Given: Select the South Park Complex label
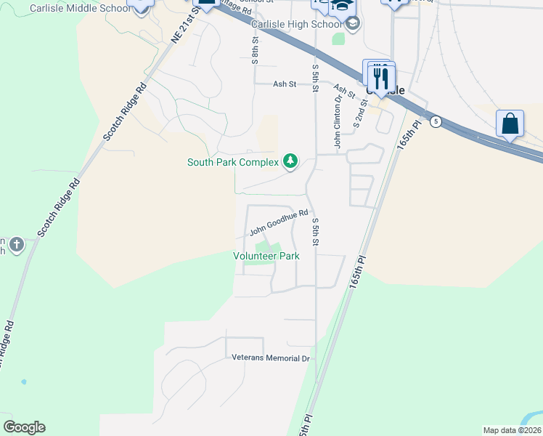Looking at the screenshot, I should point(232,162).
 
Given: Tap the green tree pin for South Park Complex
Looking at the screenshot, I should point(290,161).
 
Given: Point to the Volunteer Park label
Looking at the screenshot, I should point(266,256).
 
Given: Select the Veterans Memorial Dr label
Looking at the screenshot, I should point(271,358).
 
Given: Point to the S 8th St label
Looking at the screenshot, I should point(256,52).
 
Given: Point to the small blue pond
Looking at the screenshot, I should point(24,381).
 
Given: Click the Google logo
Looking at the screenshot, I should point(24,427).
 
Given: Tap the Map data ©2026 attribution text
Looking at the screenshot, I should point(512,430).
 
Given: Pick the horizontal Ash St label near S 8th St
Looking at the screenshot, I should point(285,84).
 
